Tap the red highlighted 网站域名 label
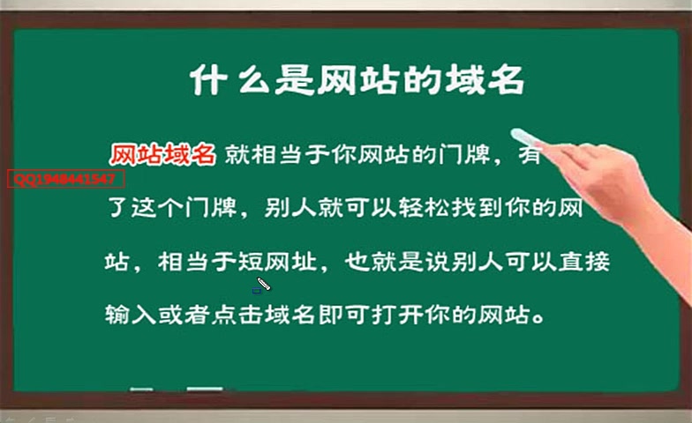162,154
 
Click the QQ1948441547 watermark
66,179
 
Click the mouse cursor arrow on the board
261,285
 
